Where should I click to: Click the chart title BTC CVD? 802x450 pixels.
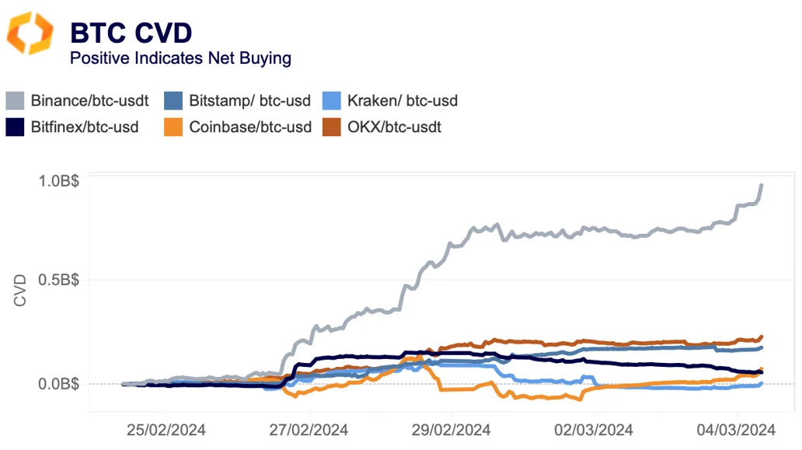131,33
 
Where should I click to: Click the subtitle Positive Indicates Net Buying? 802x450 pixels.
180,58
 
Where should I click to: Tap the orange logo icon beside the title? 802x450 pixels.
30,33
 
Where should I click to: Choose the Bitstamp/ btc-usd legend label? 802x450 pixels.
249,100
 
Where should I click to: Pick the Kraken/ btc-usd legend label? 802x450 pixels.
402,100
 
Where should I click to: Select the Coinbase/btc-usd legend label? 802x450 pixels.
250,126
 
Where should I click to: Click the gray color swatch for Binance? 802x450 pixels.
16,100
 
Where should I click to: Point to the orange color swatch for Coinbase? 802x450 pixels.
174,126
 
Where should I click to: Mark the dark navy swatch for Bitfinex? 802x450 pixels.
16,126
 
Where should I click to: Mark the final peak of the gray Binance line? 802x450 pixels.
762,185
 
